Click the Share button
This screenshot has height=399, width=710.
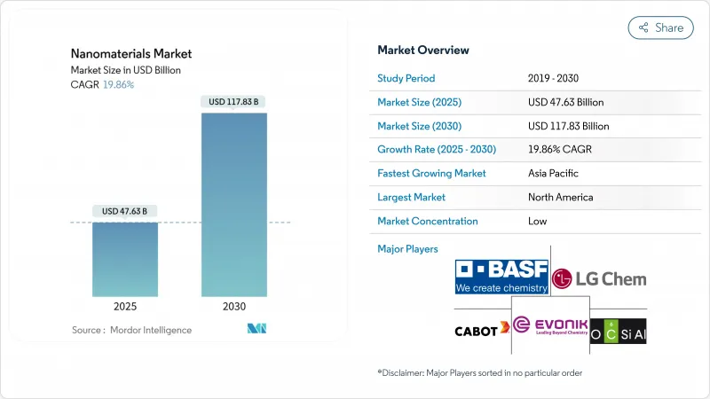tap(661, 27)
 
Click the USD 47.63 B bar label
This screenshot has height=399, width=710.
tap(125, 211)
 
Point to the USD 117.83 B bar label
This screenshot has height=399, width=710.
tap(234, 102)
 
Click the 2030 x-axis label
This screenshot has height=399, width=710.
tap(234, 306)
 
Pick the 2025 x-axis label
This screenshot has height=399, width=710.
tap(125, 306)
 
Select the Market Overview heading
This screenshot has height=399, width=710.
tap(423, 51)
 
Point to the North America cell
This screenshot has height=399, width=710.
tap(560, 198)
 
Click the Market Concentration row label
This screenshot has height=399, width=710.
tap(428, 222)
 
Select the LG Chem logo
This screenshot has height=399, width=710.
tap(599, 279)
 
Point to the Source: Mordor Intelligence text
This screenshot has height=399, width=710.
tap(131, 330)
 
